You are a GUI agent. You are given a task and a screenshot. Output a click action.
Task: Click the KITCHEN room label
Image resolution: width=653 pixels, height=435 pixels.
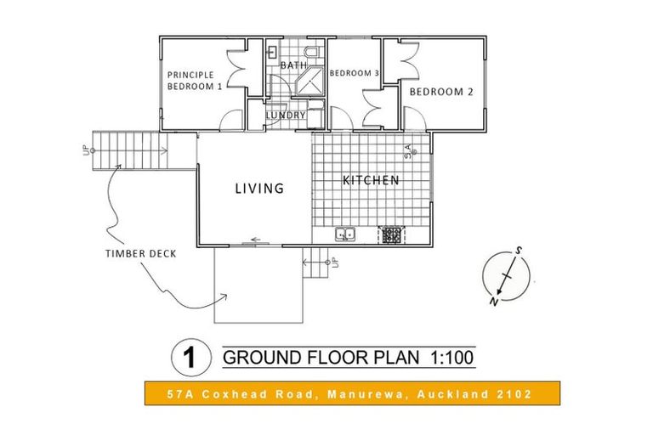point(371,180)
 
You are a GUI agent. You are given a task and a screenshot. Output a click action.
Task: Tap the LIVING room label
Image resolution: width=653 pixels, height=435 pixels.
point(259,189)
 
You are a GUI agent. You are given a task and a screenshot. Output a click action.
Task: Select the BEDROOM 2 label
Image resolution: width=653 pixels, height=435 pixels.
point(440,92)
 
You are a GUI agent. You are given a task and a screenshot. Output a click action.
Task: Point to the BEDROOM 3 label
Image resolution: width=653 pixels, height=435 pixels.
point(354,73)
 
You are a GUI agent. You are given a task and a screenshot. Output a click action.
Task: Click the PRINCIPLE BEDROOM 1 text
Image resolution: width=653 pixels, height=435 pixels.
point(195,80)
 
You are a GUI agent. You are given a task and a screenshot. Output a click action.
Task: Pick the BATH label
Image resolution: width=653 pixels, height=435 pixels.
point(293,65)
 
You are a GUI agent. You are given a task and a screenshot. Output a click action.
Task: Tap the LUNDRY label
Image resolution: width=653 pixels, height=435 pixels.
point(286,116)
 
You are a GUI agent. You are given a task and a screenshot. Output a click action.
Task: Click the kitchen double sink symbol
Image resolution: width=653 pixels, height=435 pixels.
point(345,234)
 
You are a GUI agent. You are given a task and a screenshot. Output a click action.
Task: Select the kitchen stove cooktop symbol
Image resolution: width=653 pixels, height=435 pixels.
point(391,234)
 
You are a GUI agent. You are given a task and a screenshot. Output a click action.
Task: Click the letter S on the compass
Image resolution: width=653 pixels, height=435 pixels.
point(516,251)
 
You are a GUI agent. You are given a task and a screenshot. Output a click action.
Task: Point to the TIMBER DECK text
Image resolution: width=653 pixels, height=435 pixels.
point(141,253)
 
